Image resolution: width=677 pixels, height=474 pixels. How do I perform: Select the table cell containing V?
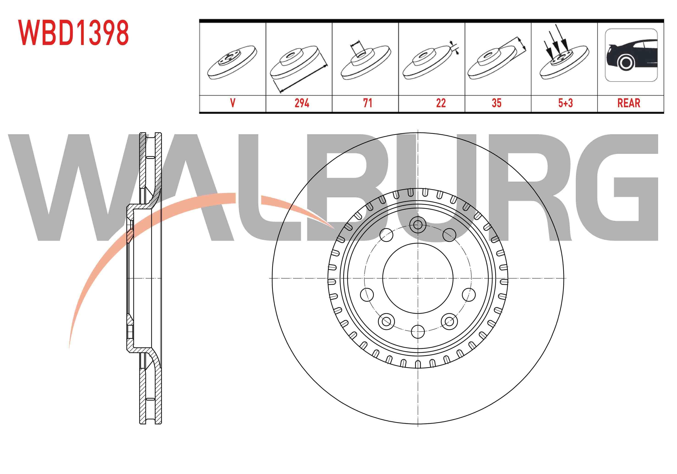233,103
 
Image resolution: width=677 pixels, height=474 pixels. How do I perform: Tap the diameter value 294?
302,103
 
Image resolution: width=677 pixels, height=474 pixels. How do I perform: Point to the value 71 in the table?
367,103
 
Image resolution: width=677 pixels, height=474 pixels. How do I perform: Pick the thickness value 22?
441,103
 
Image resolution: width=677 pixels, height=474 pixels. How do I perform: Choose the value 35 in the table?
497,103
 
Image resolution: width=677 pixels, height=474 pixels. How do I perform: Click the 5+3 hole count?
566,103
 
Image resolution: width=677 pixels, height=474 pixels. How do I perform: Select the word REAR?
629,103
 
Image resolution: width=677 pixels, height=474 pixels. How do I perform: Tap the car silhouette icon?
631,55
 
